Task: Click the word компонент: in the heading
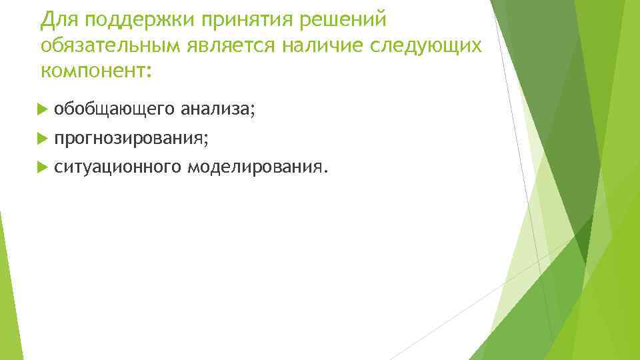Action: (x=96, y=69)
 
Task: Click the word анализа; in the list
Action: (x=213, y=108)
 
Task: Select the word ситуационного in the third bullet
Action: (x=117, y=167)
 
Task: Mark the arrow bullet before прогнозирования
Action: (x=44, y=137)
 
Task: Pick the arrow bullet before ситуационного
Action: (x=44, y=166)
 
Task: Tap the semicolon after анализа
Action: (x=252, y=110)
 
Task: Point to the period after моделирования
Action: (x=326, y=170)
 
